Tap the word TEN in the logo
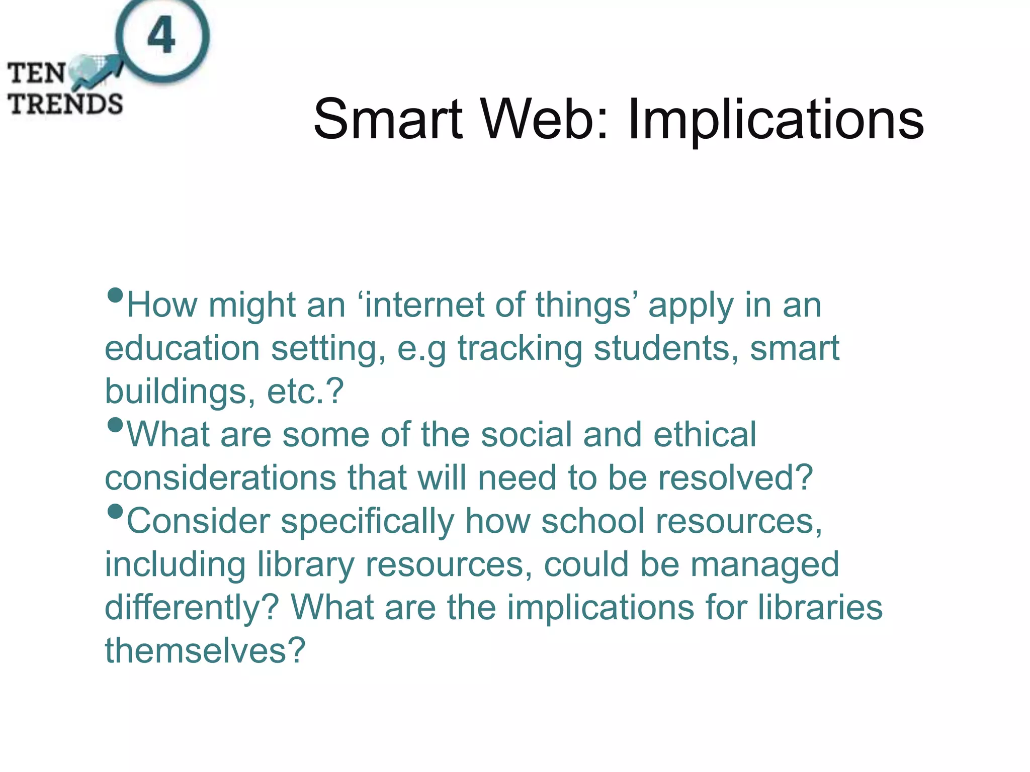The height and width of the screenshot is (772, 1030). (36, 73)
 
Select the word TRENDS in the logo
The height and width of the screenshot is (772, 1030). (65, 104)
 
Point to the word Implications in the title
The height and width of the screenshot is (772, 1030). (776, 121)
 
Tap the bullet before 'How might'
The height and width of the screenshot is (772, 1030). (115, 296)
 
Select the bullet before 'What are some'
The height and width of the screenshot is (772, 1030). (115, 425)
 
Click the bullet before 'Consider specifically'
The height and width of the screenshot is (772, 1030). (115, 512)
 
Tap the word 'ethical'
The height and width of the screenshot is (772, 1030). (705, 435)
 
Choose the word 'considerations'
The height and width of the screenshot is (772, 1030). (220, 478)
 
